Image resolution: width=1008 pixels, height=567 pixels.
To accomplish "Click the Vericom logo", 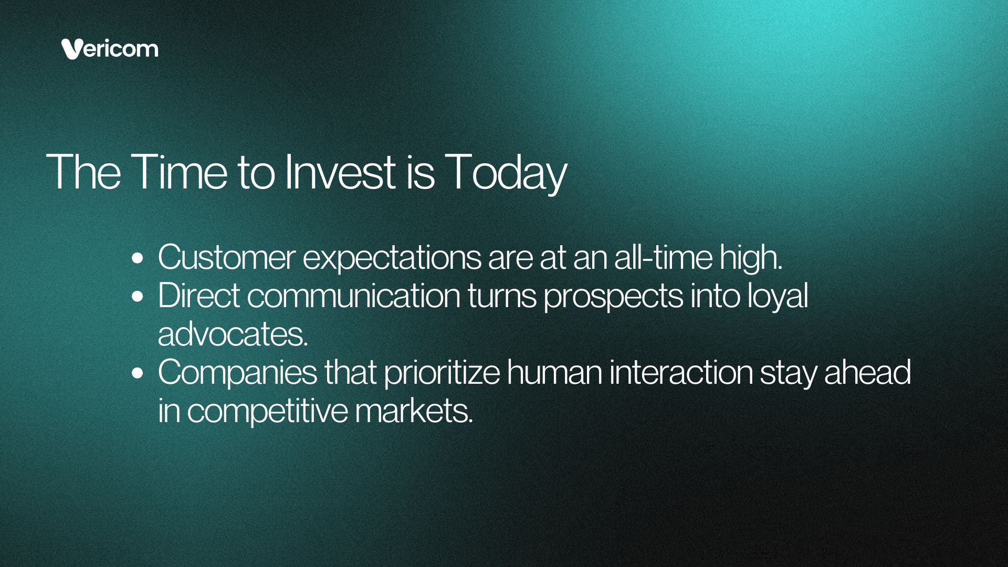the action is coord(109,49).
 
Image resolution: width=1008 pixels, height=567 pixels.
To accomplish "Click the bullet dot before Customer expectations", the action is coord(138,258).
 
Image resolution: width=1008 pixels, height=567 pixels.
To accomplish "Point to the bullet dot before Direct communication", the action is coord(138,297).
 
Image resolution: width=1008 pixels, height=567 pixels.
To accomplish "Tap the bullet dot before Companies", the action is coord(138,373).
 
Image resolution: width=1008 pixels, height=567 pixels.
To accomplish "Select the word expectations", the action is coord(392,259).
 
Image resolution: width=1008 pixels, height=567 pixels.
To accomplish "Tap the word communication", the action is coord(353,296).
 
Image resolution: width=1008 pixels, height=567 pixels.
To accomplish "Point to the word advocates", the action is coord(233,334).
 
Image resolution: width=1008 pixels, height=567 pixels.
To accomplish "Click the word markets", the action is coord(414,411).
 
